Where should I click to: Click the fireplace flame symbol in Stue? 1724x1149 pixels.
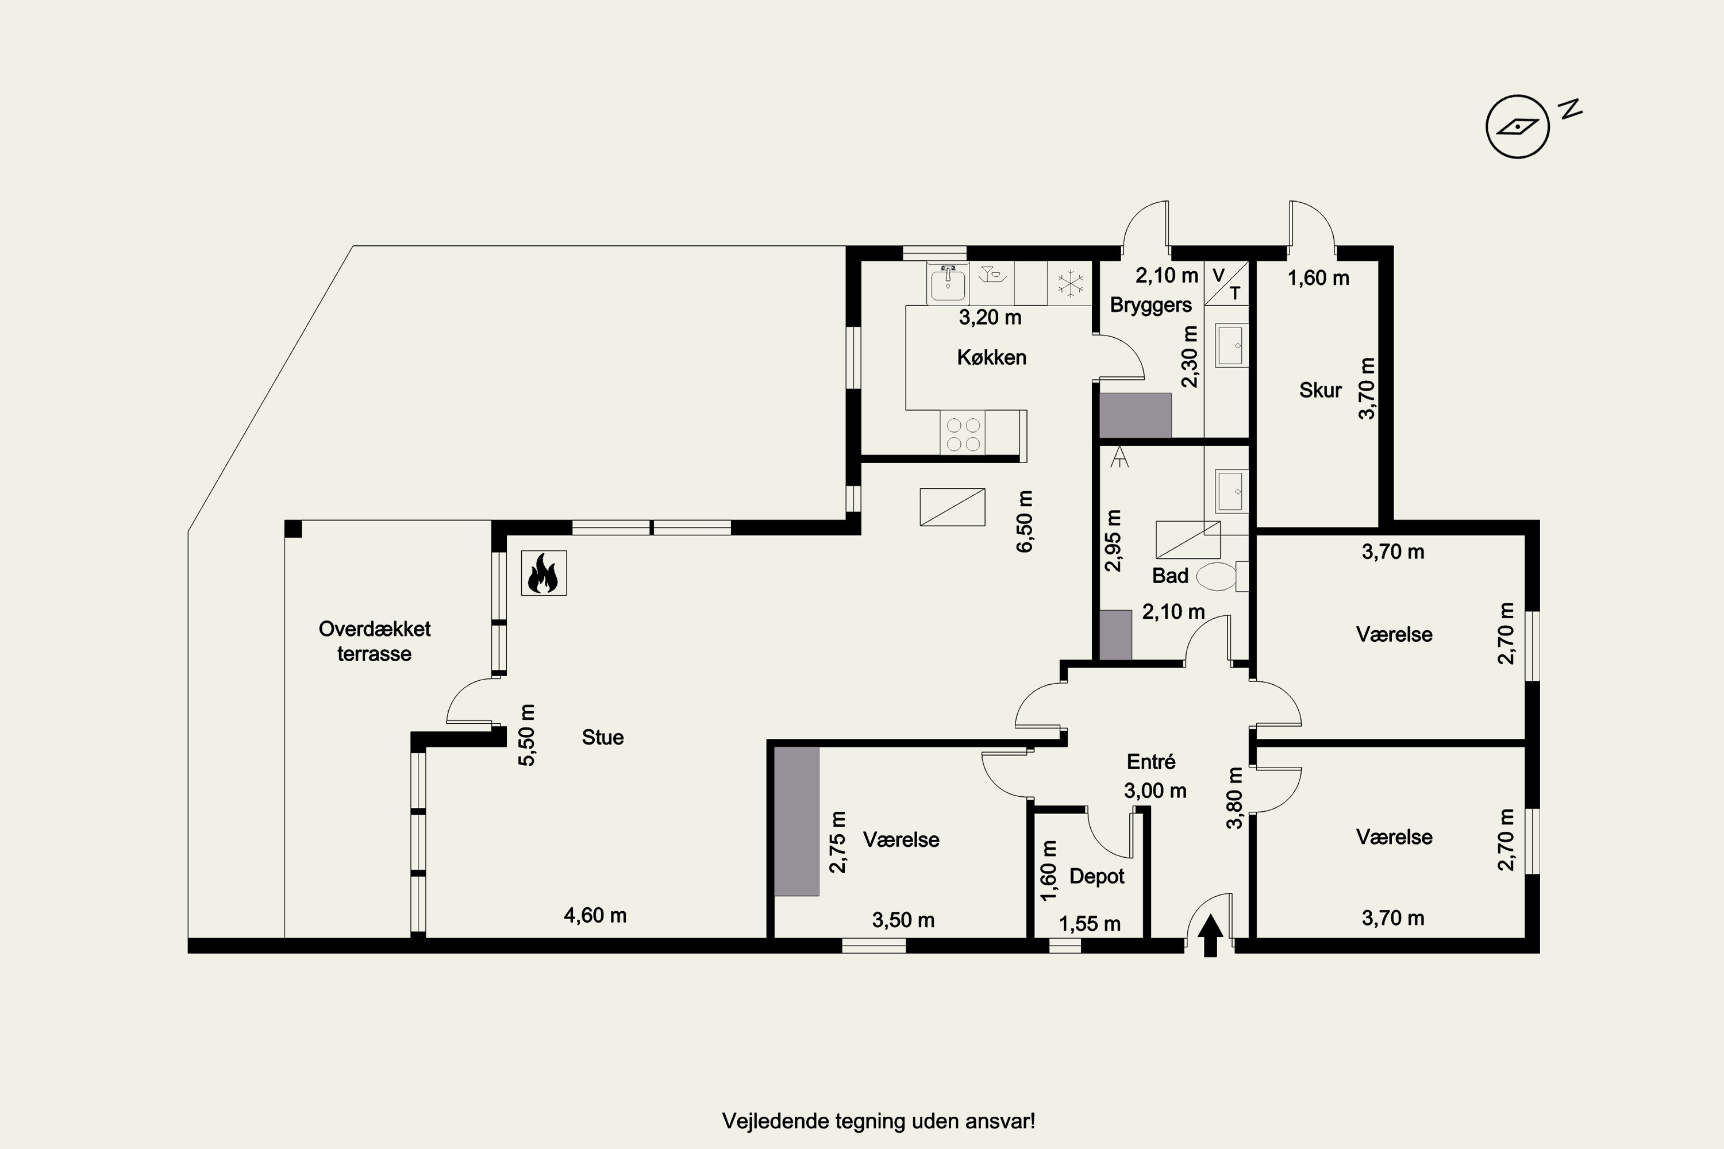(543, 573)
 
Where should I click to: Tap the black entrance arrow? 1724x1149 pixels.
(1210, 935)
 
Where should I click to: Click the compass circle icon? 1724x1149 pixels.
(1517, 127)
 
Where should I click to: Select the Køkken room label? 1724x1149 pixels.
(991, 357)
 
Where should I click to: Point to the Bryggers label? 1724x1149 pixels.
(1151, 306)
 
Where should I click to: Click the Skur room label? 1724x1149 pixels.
(1320, 390)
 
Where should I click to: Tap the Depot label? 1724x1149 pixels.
(1096, 877)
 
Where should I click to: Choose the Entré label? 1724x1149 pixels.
(1151, 762)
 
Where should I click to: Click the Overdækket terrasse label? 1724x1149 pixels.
(375, 641)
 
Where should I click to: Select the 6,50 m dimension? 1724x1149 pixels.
(1025, 521)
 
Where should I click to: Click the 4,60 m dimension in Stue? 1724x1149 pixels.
(595, 915)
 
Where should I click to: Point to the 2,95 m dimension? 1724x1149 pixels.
(1114, 541)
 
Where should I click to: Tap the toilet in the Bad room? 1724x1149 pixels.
(1222, 577)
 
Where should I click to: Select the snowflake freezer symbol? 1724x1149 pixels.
(1070, 284)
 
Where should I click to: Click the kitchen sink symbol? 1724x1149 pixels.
(948, 283)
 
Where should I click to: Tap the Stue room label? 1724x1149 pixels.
(602, 737)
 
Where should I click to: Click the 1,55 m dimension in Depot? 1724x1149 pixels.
(1089, 923)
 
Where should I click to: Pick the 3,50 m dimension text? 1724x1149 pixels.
(903, 920)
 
